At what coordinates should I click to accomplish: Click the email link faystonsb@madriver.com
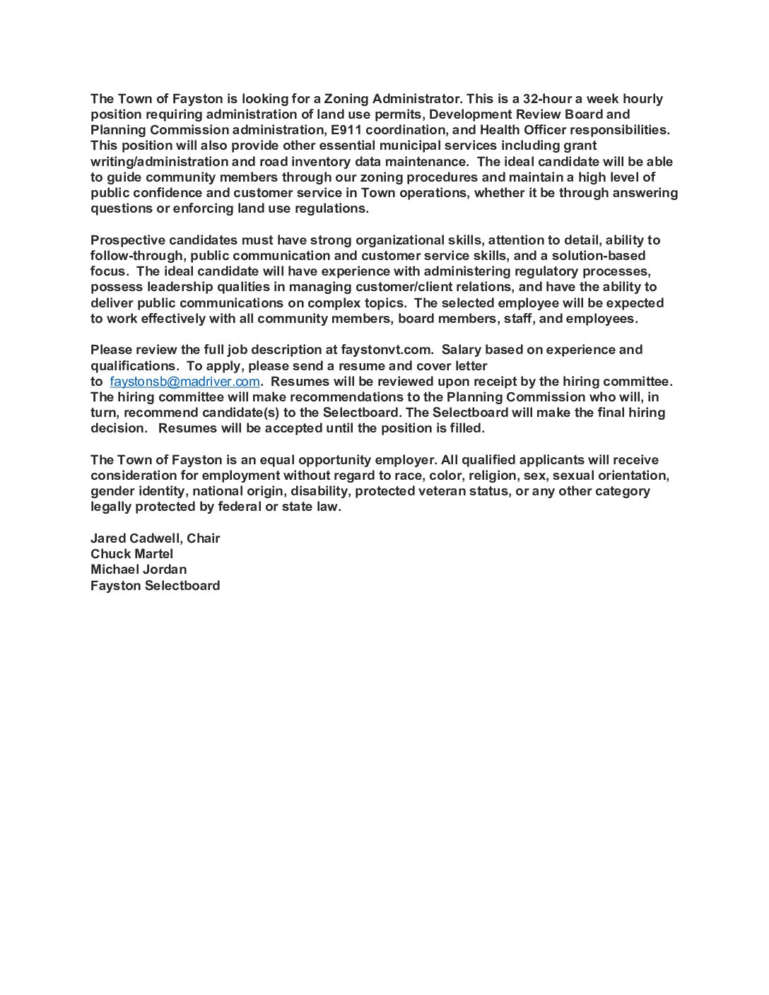185,382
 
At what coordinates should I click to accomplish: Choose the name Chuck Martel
131,554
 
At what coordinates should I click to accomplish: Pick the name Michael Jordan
139,570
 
